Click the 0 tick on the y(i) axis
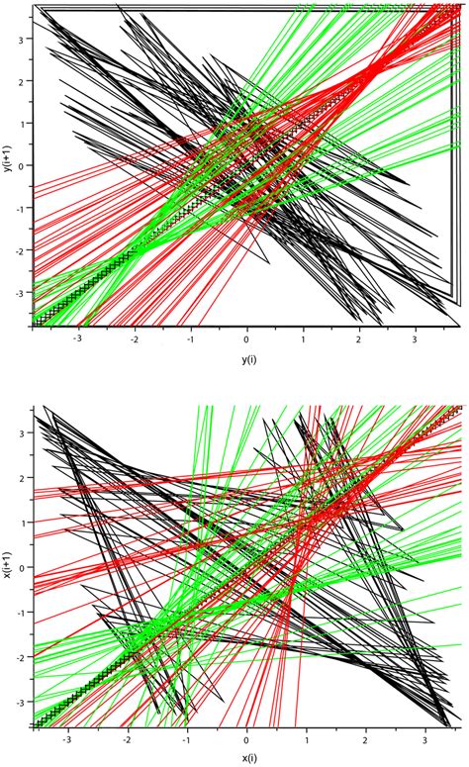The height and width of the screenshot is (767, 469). coord(247,336)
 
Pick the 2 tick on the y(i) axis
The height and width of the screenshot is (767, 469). coord(361,336)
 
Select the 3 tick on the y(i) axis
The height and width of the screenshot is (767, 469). coord(418,336)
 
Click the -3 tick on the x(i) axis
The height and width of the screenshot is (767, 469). coord(67,738)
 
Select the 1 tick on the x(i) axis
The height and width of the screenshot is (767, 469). coord(308,738)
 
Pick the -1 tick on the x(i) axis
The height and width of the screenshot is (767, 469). coord(186,738)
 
